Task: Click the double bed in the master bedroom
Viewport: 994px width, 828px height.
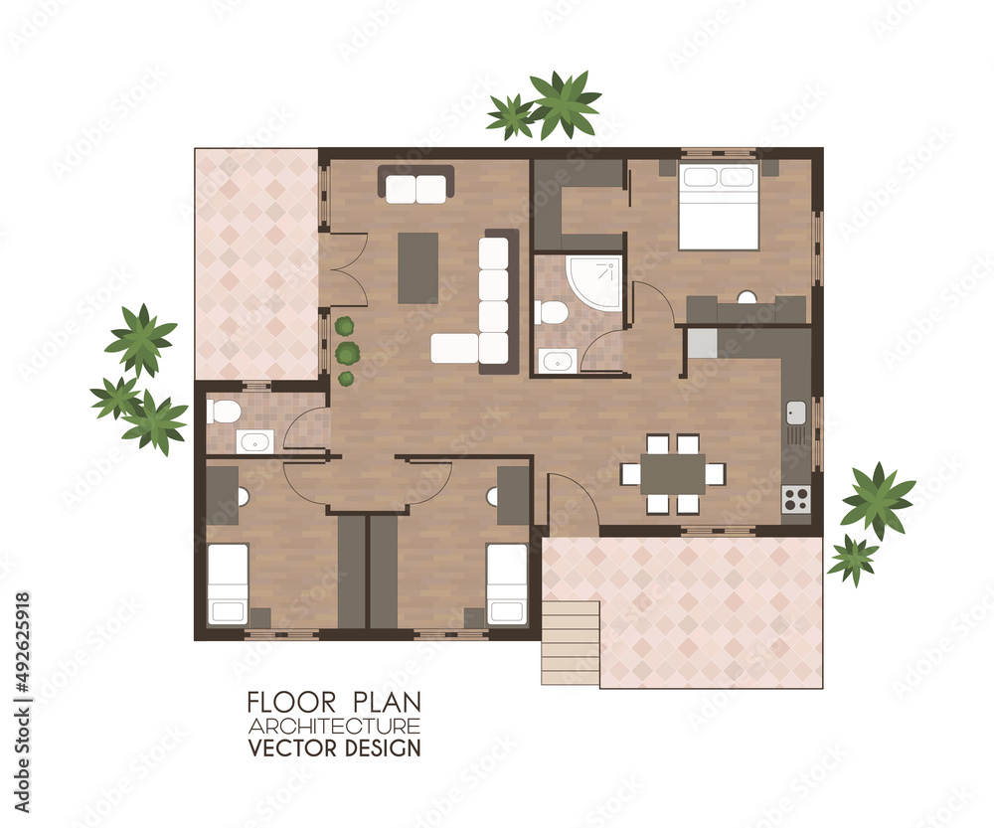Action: pyautogui.click(x=719, y=207)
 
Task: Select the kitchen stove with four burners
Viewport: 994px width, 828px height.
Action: pyautogui.click(x=796, y=498)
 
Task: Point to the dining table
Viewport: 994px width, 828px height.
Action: pyautogui.click(x=673, y=474)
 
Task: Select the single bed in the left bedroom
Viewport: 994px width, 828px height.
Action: pyautogui.click(x=228, y=584)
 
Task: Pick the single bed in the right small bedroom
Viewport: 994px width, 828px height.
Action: pyautogui.click(x=507, y=584)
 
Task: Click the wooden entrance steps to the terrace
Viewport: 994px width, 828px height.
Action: pyautogui.click(x=571, y=642)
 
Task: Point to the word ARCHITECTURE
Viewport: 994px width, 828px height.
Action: pyautogui.click(x=333, y=726)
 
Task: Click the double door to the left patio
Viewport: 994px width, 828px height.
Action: pyautogui.click(x=344, y=269)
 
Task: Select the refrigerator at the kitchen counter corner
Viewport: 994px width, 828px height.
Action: pyautogui.click(x=702, y=343)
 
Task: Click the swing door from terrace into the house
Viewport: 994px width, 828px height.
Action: pyautogui.click(x=572, y=502)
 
